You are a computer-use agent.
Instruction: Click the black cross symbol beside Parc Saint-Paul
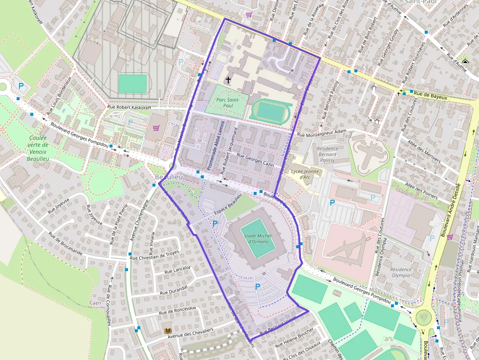[228, 79]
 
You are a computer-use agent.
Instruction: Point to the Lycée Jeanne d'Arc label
[305, 174]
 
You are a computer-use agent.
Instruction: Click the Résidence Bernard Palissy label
[327, 154]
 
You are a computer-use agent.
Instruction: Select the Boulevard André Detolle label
[451, 210]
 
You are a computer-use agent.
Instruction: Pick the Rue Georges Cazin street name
[255, 161]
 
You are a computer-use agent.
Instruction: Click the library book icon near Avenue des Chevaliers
[169, 331]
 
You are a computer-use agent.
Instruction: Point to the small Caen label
[95, 303]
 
